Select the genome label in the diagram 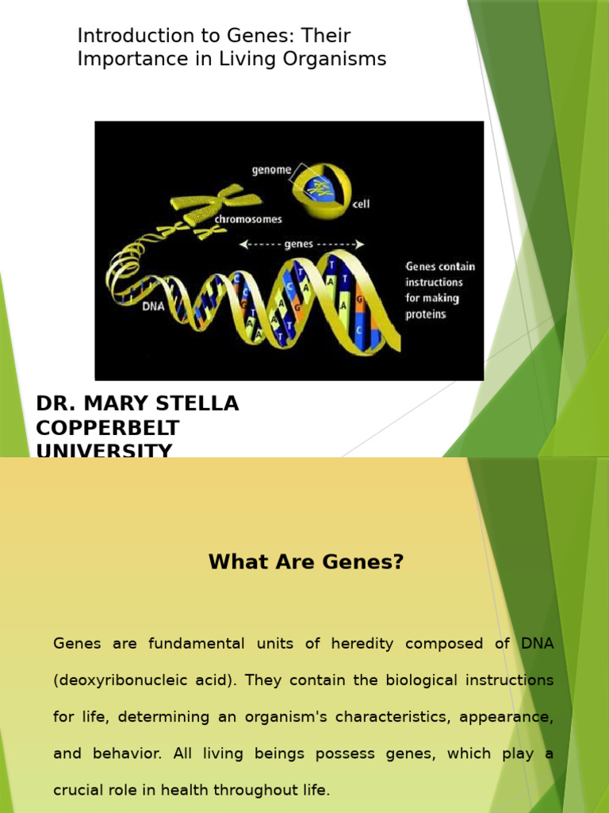pos(271,169)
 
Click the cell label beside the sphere pos(361,204)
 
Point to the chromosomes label pos(247,219)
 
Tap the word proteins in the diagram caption pos(426,314)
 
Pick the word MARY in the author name pos(116,404)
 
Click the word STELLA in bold pos(199,404)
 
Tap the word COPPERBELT pos(108,429)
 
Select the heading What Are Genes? pos(306,562)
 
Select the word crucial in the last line pos(81,791)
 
